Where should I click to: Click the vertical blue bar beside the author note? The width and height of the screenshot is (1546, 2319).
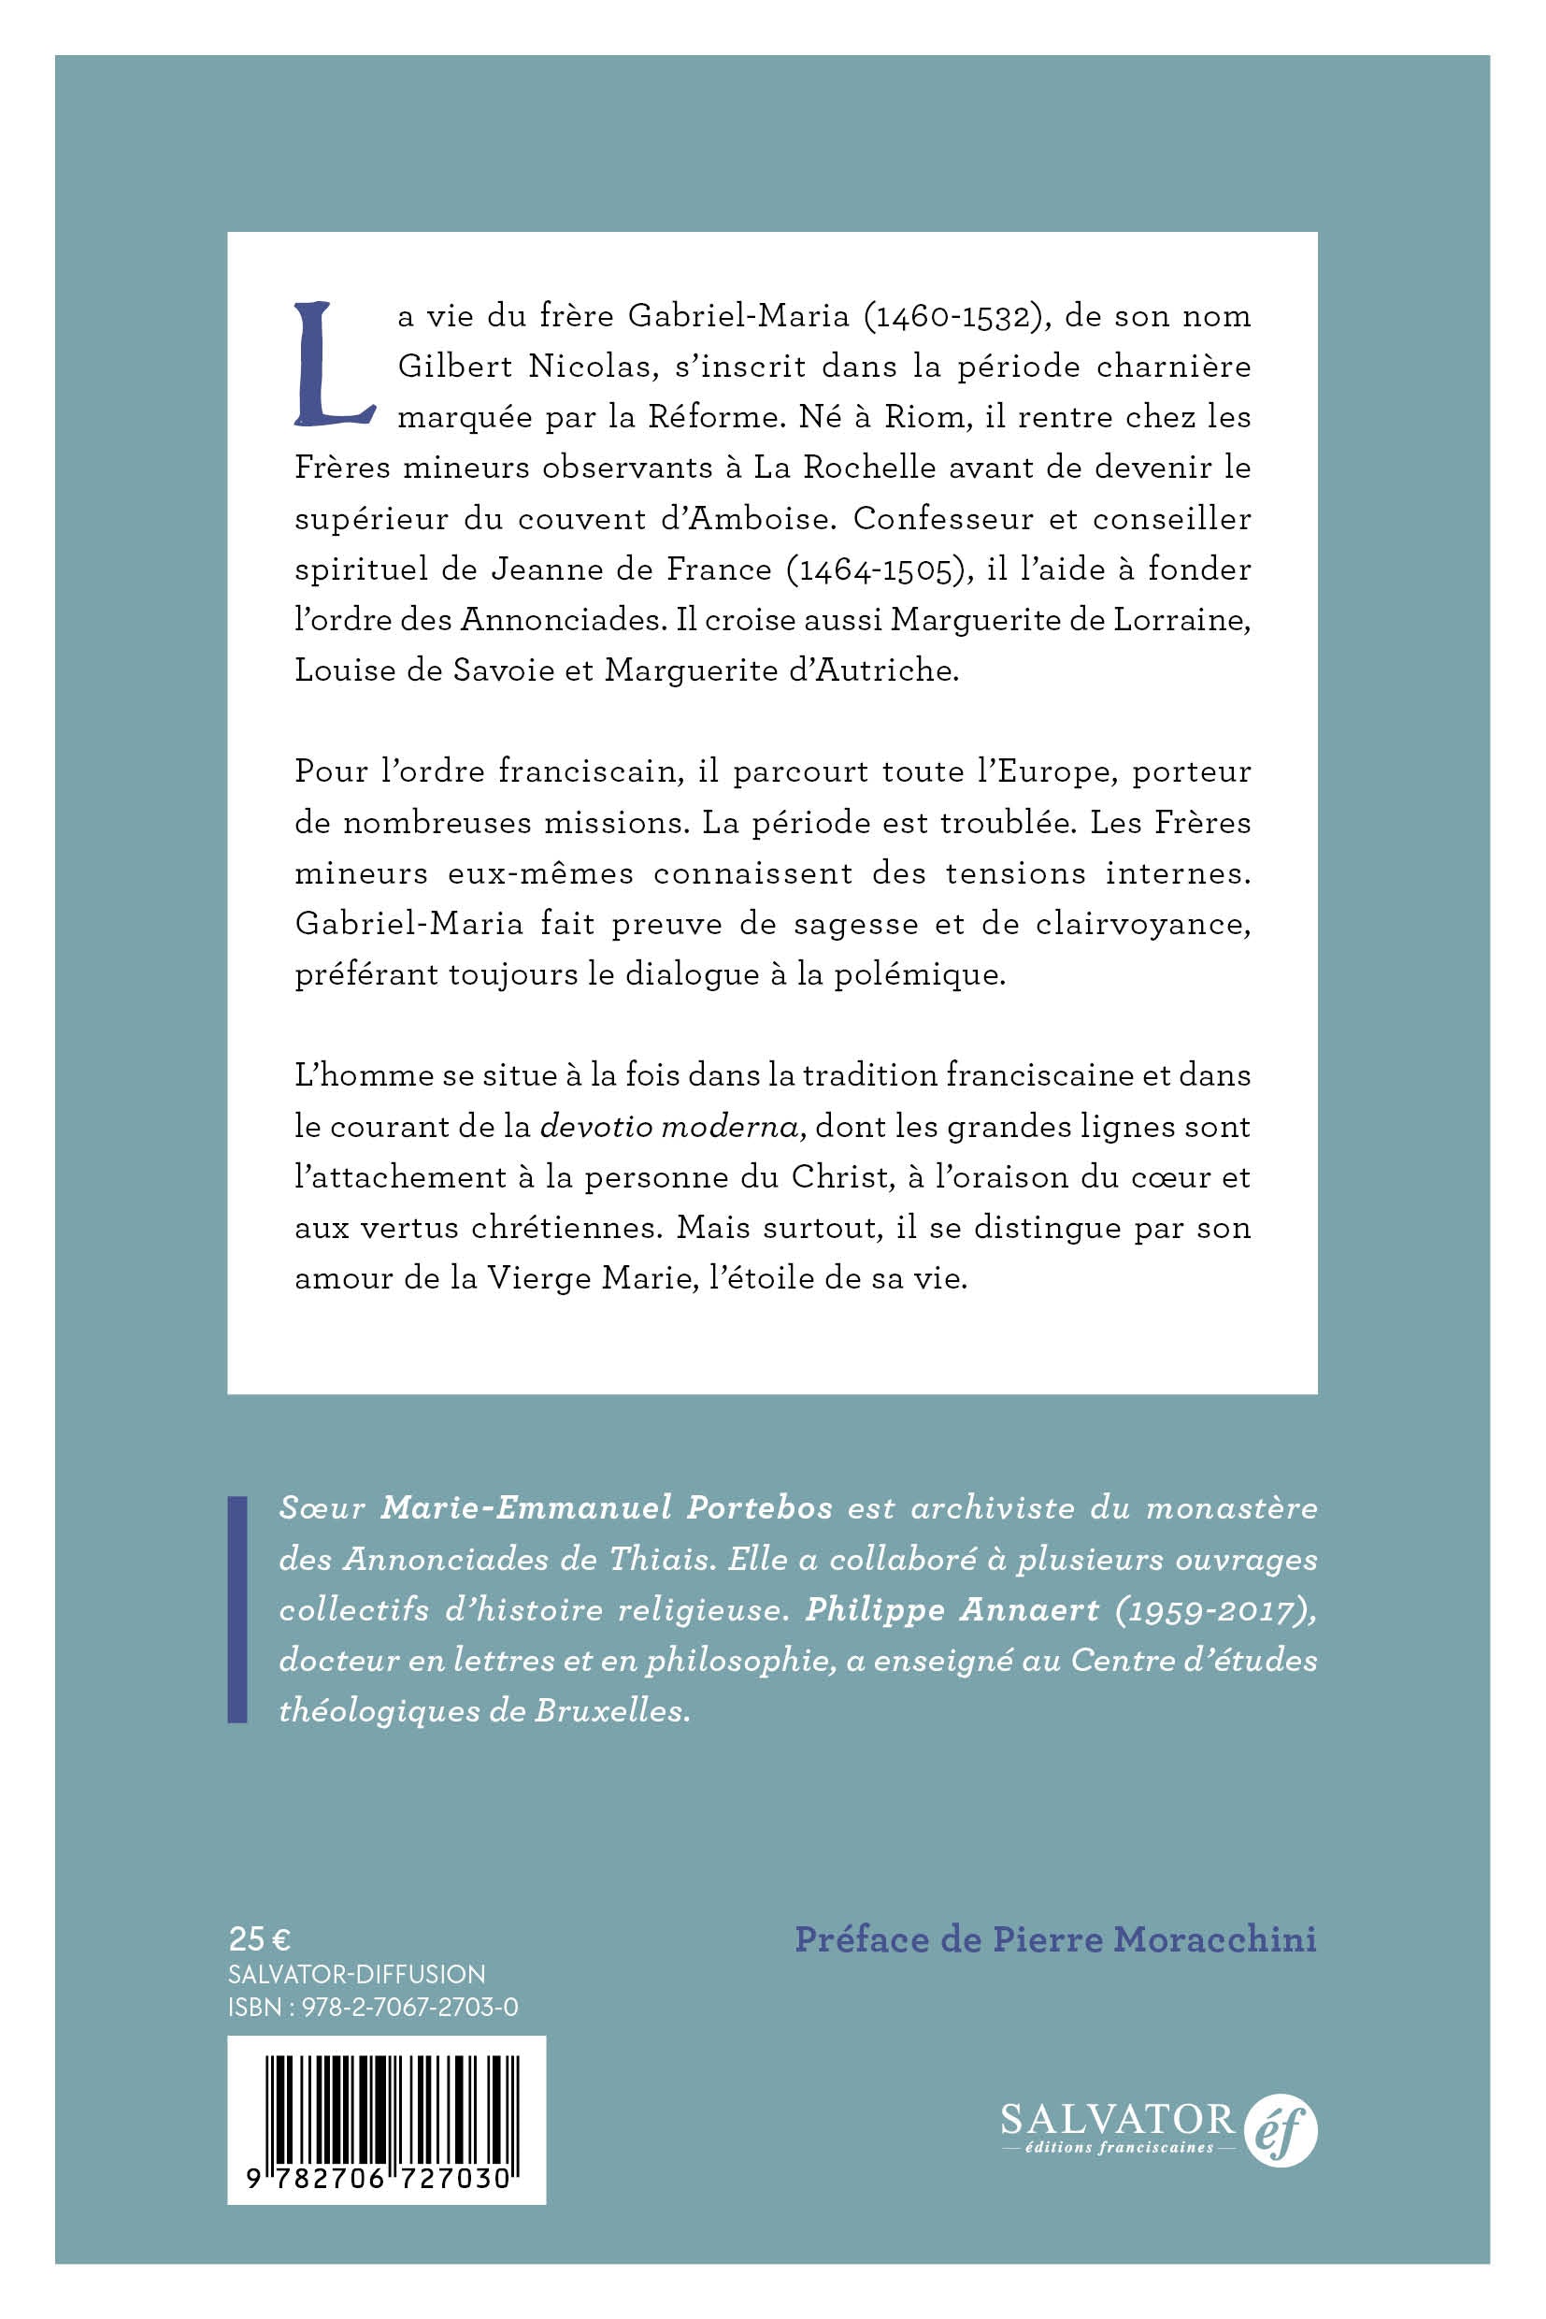(x=237, y=1610)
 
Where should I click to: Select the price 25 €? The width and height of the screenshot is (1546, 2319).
(x=259, y=1939)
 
